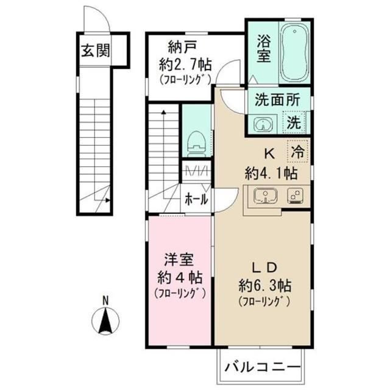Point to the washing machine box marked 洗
pos(294,122)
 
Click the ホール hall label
pos(196,199)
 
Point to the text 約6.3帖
pos(265,285)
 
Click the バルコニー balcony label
pos(262,367)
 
